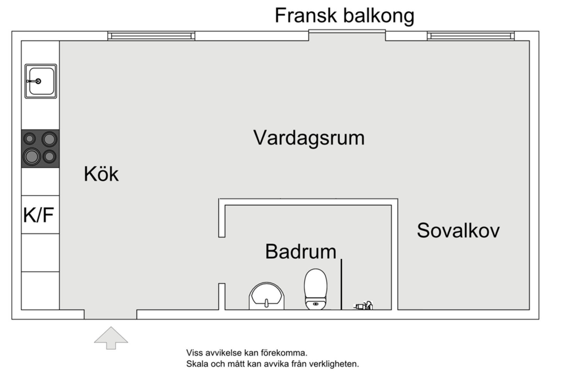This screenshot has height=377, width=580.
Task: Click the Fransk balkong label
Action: click(x=344, y=15)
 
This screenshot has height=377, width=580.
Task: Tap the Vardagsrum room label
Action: click(x=309, y=137)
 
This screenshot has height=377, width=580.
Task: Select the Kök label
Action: click(x=101, y=174)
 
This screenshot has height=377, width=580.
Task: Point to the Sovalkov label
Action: click(x=458, y=231)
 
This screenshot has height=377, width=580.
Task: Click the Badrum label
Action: click(x=300, y=252)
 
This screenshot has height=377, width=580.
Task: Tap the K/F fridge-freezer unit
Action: click(x=40, y=215)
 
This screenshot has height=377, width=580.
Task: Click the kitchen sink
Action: click(x=40, y=81)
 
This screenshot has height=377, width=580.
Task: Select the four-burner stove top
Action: click(x=40, y=148)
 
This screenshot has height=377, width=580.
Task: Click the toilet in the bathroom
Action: click(x=315, y=288)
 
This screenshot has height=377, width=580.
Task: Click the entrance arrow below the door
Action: click(x=110, y=337)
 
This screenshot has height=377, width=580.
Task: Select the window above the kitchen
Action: click(x=151, y=36)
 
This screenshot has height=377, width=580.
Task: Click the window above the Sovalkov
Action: click(x=471, y=36)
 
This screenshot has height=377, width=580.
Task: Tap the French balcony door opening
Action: click(x=347, y=36)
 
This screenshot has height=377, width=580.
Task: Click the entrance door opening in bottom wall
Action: click(x=110, y=314)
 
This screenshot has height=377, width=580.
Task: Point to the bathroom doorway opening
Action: click(x=222, y=260)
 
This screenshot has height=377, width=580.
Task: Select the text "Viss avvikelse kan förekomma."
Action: click(x=246, y=353)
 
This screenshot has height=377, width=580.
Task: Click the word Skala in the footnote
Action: click(x=197, y=364)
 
